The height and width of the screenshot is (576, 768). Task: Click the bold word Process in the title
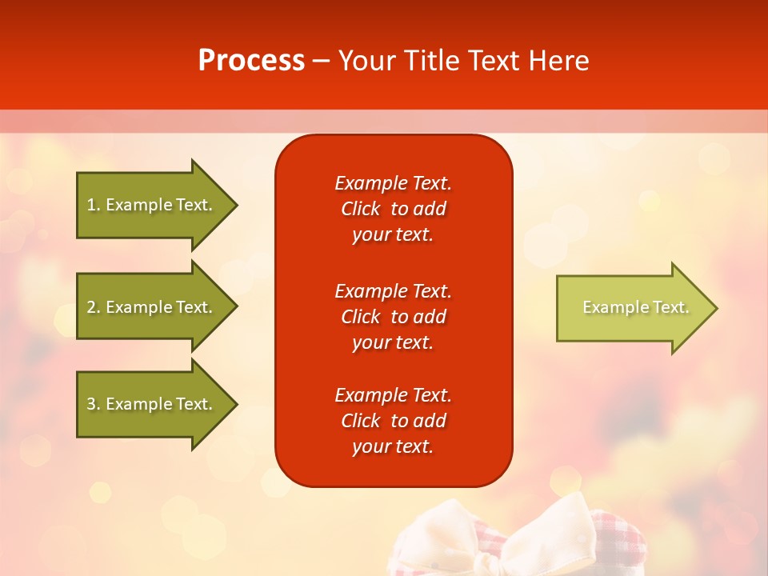pos(251,61)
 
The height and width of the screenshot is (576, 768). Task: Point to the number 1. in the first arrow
pos(93,205)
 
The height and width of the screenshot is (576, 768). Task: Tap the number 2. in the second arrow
pos(93,307)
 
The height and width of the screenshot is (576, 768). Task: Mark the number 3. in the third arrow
pos(93,404)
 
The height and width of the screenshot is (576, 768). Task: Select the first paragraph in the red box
pos(393,209)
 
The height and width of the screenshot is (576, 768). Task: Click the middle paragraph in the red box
pos(393,317)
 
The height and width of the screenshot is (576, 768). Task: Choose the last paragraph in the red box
pos(393,421)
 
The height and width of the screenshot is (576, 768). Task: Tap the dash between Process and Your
pos(321,61)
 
